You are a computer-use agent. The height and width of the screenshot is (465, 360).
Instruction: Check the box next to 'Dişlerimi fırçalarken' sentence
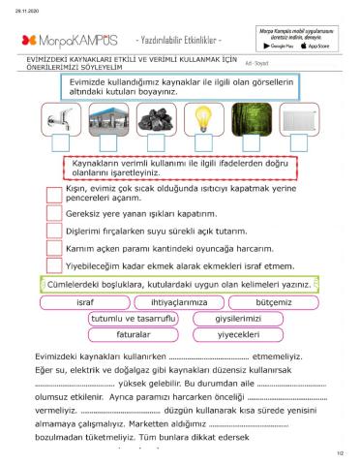[x=55, y=231]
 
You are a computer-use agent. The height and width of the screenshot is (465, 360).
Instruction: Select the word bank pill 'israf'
[x=85, y=302]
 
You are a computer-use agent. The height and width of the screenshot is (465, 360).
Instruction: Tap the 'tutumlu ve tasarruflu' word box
[x=133, y=319]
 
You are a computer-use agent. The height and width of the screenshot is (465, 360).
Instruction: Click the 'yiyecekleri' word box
[x=237, y=335]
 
